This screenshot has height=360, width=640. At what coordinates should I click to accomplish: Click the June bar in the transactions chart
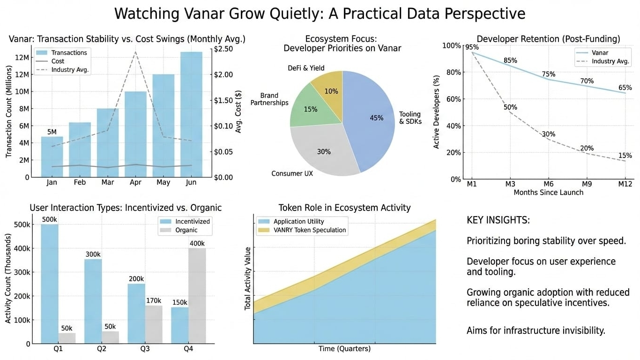[191, 114]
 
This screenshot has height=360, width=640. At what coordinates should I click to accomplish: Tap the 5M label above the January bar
[52, 132]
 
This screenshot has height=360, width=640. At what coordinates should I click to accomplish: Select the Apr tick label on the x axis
[135, 182]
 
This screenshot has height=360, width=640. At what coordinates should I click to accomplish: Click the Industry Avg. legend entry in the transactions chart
[70, 70]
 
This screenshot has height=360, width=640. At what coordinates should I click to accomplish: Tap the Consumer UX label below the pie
[292, 173]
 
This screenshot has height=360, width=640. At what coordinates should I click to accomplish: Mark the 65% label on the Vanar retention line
[625, 88]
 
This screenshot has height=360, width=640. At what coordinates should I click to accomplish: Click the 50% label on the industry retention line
[510, 107]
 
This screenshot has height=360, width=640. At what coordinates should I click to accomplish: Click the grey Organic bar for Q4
[197, 296]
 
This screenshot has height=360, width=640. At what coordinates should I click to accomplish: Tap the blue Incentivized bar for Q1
[50, 284]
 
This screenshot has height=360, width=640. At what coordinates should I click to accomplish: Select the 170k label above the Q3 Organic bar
[153, 300]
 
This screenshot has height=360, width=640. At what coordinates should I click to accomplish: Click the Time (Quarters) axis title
[344, 349]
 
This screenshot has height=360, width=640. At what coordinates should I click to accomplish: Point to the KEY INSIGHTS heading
[498, 220]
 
